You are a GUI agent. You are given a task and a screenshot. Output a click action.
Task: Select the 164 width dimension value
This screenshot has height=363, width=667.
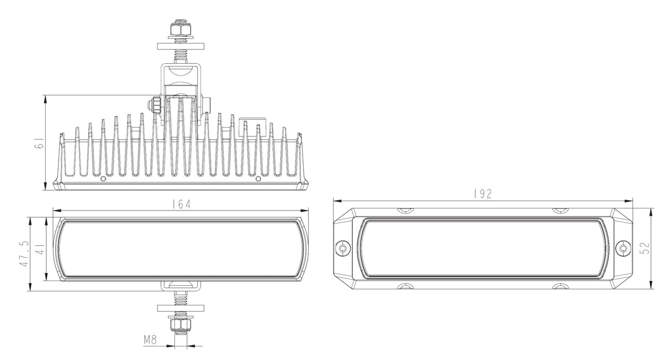coord(181,204)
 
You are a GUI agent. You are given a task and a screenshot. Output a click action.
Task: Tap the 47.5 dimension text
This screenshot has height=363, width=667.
coord(24,254)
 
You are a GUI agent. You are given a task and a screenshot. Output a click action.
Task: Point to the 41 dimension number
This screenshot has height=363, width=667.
coord(41,249)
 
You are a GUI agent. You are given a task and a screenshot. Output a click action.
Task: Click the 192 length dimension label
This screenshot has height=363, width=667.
coord(483,194)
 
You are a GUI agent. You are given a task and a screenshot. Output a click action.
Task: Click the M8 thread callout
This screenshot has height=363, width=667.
coord(150,340)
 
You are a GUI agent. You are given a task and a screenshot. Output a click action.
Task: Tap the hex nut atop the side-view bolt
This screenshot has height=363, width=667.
coord(181,30)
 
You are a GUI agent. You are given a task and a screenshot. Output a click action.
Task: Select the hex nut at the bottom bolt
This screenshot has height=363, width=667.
coord(181,324)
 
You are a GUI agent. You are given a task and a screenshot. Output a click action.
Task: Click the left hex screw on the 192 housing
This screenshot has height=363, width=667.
coord(343,248)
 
